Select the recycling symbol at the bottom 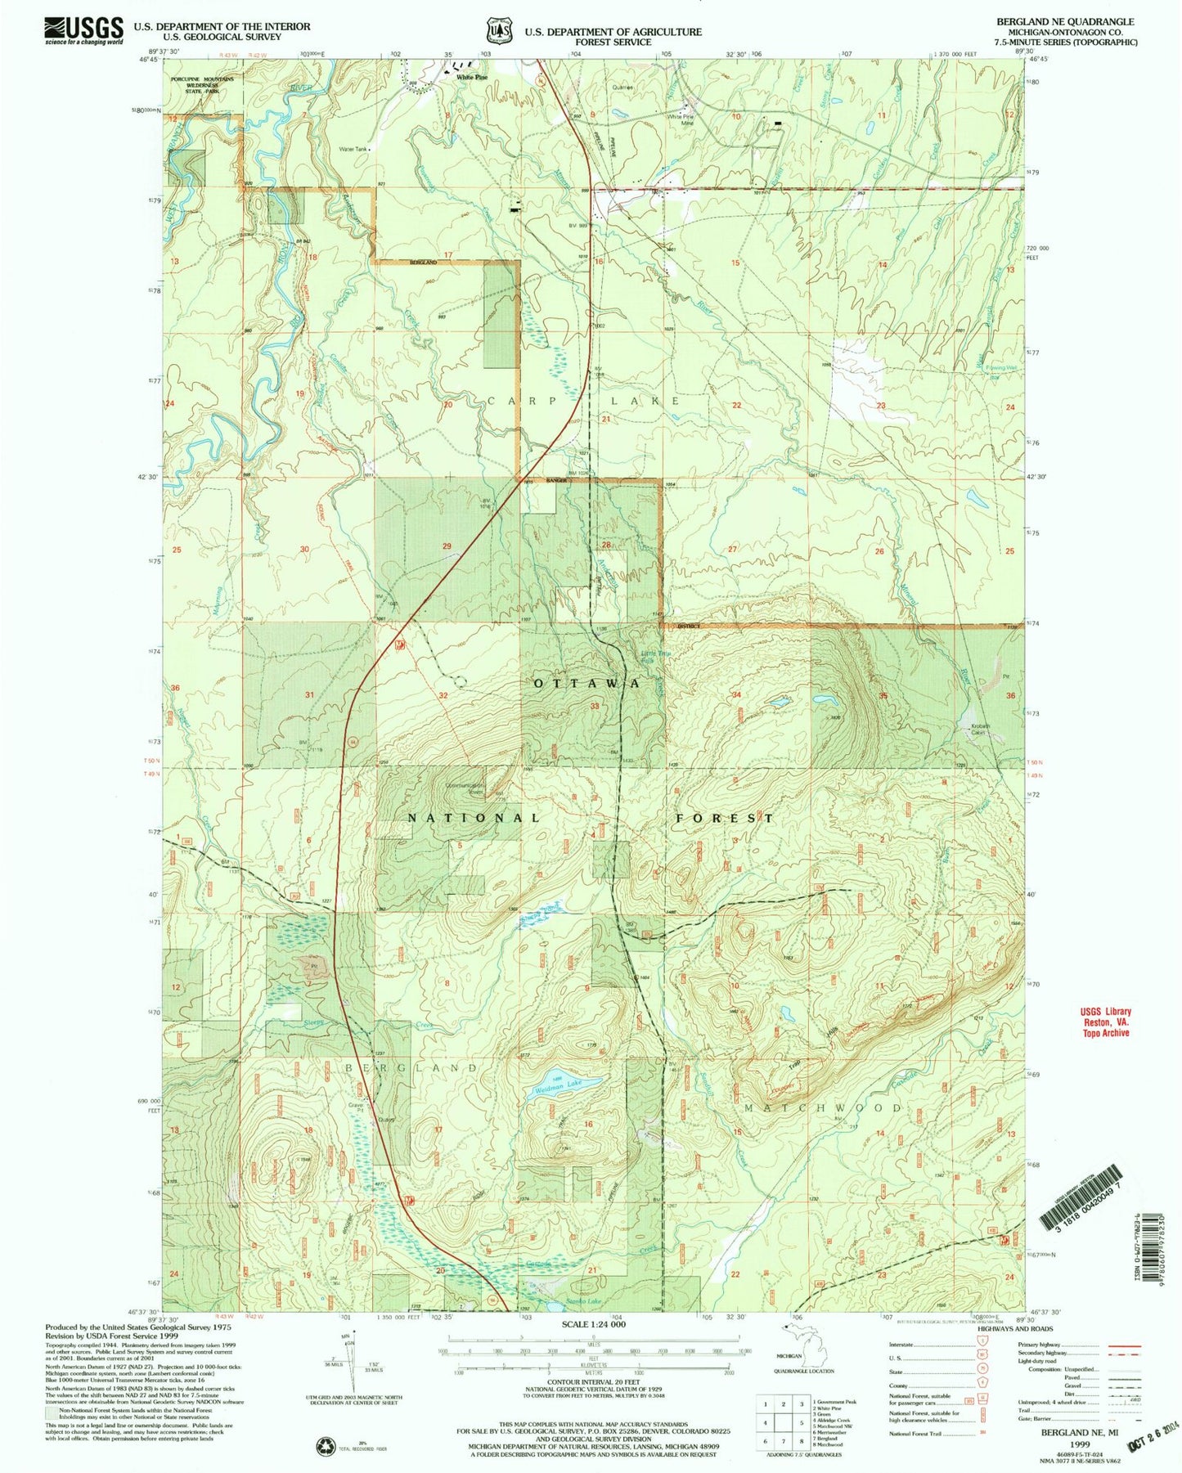tap(326, 1446)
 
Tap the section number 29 tap(447, 546)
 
